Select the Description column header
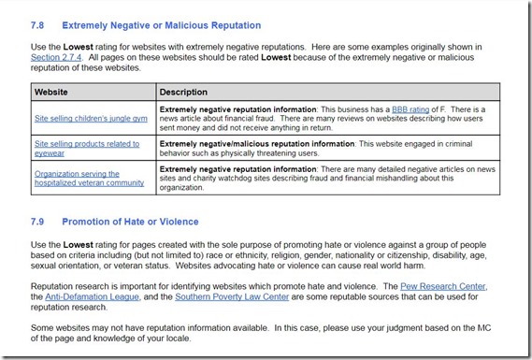click(183, 93)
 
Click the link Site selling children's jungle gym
click(90, 119)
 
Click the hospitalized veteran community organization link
click(90, 178)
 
